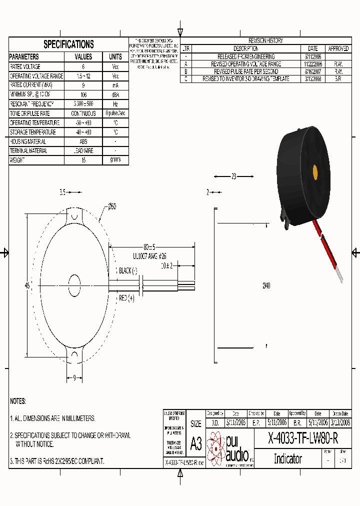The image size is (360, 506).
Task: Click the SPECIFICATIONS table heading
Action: coord(68,44)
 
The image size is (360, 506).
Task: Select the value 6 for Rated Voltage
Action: coord(83,66)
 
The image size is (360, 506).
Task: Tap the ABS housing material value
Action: coord(83,141)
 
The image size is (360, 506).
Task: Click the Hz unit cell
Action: coord(115,104)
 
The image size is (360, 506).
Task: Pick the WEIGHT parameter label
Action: coord(17,160)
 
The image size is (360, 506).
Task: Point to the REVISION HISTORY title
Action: coord(265,40)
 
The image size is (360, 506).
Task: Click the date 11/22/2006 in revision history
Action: coord(313,64)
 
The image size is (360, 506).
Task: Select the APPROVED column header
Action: coord(338,49)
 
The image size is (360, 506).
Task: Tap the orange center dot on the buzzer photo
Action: coord(315,171)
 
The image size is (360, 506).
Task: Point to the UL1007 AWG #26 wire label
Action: coord(149,255)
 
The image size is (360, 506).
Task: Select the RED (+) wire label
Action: coord(127,298)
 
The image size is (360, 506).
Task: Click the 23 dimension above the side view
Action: coord(233,176)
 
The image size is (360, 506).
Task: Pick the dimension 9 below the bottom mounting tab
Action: coord(74,378)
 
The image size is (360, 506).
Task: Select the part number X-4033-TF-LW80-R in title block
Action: coord(303,439)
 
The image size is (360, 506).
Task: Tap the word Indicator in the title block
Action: coord(288,458)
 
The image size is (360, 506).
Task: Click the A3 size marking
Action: coord(196,443)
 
